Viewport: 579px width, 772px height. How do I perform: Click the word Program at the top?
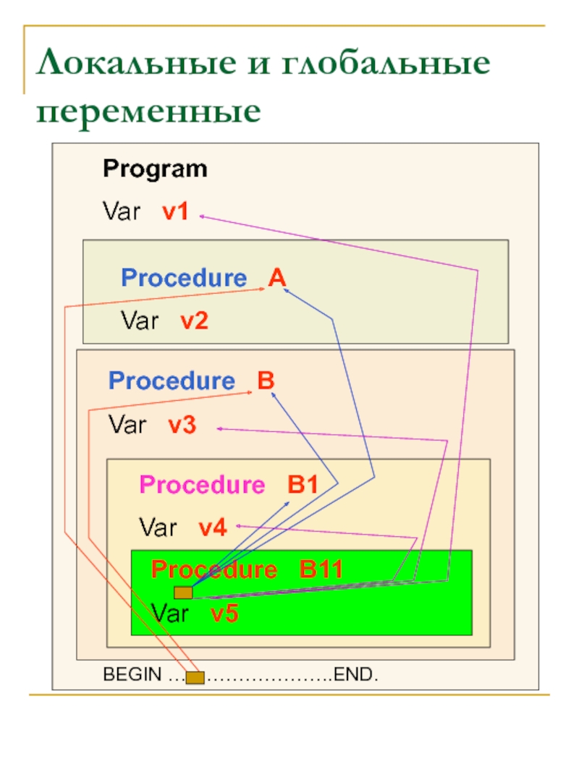(x=155, y=169)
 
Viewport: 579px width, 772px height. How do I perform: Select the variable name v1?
(x=175, y=212)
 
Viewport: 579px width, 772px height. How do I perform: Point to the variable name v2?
(x=195, y=321)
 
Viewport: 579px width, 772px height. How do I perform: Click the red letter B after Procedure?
(x=266, y=381)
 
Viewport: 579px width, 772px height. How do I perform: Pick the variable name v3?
(x=182, y=425)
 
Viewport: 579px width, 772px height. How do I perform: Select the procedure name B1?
(x=303, y=485)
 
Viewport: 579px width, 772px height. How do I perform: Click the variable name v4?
(x=213, y=528)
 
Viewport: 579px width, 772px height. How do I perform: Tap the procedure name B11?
(x=321, y=570)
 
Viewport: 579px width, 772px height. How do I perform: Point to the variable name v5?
(x=224, y=614)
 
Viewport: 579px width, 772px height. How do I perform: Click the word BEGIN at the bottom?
(x=132, y=675)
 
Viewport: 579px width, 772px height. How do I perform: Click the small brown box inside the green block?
(x=183, y=593)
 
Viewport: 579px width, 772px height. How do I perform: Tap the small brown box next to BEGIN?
(x=195, y=677)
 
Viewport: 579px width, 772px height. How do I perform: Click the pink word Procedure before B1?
(x=202, y=485)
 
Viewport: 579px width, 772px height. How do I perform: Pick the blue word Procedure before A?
(x=184, y=278)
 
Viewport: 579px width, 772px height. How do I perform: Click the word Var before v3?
(x=127, y=425)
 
